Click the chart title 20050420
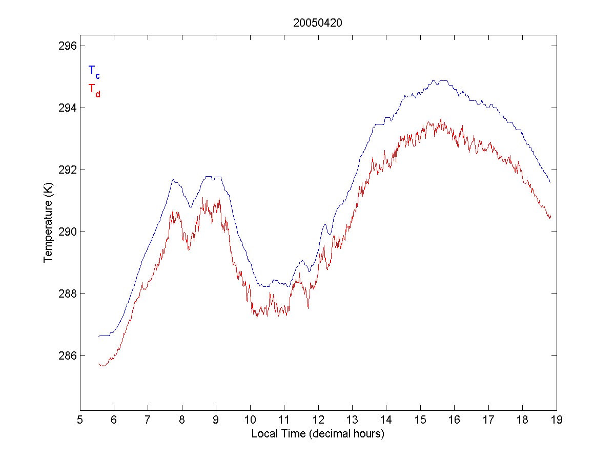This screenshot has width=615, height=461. (x=318, y=23)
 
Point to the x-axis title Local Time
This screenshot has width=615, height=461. (x=318, y=434)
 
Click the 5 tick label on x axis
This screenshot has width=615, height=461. (x=80, y=420)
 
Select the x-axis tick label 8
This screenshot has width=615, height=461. (x=182, y=420)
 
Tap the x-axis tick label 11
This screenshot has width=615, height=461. (x=284, y=420)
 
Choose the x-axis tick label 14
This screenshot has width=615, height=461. (x=386, y=420)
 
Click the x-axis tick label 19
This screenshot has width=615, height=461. (x=557, y=420)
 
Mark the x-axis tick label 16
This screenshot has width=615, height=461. (x=454, y=420)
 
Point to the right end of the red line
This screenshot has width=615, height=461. (x=550, y=217)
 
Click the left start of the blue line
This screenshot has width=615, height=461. (x=99, y=336)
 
